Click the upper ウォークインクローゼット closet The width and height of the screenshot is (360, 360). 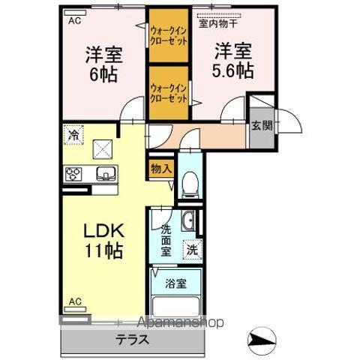168,35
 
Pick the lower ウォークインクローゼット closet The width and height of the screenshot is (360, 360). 168,92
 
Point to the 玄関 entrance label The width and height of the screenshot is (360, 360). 260,125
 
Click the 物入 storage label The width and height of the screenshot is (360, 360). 161,169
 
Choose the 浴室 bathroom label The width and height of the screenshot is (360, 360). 176,284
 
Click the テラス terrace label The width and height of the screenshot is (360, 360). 132,338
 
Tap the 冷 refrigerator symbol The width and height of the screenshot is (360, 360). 73,135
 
